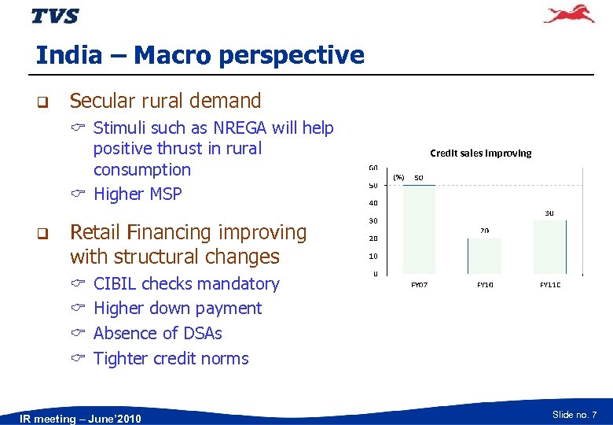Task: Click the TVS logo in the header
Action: pos(55,16)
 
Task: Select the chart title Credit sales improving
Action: pos(480,153)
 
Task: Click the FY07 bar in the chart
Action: pos(419,229)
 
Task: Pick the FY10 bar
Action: pos(484,256)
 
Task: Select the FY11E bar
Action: pos(549,247)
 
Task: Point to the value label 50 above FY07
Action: pos(419,177)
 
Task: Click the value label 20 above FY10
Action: pos(485,231)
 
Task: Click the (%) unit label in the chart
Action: pos(398,177)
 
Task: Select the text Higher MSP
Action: pos(138,194)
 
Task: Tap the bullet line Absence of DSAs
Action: pos(157,333)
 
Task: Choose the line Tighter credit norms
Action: pos(171,358)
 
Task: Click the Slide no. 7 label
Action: pos(574,414)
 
